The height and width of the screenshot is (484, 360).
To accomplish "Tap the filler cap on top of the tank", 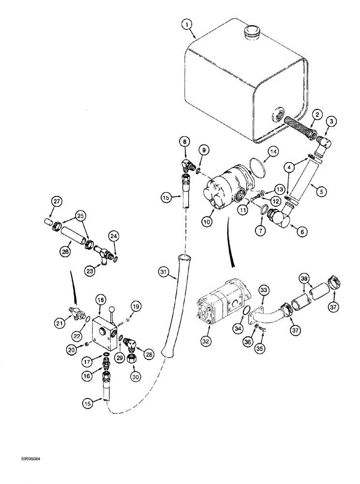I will (252, 33).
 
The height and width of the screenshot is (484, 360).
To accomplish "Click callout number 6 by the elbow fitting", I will (303, 232).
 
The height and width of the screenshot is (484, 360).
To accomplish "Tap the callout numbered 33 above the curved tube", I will (264, 290).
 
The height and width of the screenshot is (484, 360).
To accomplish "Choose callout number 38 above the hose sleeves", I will (304, 279).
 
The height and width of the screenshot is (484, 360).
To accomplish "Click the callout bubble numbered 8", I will (184, 141).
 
